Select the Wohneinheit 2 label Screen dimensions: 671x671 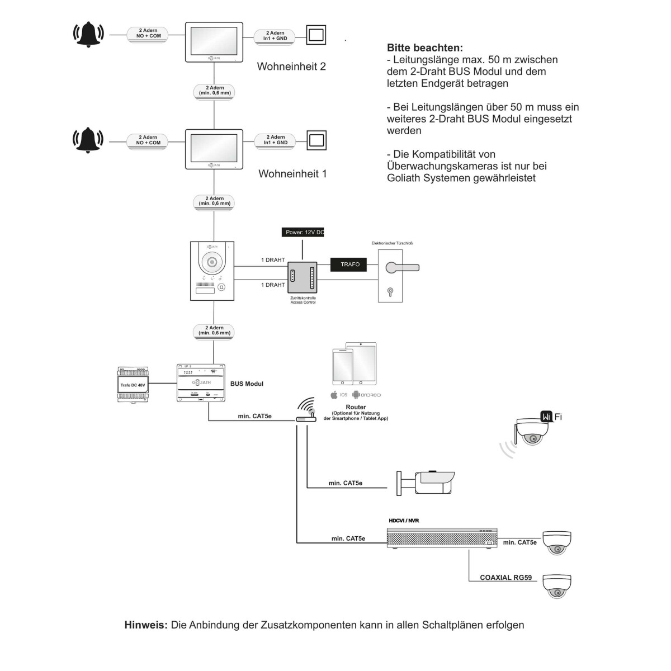(x=291, y=67)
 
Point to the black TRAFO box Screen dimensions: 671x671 (x=350, y=264)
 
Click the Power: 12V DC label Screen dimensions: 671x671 (x=304, y=232)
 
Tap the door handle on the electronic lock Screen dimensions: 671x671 (x=401, y=268)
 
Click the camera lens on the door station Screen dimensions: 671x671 (x=212, y=262)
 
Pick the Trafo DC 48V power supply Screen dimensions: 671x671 (x=133, y=384)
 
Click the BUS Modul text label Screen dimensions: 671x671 (x=247, y=384)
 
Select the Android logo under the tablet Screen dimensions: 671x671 (x=356, y=395)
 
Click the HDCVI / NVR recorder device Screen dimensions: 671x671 (x=442, y=537)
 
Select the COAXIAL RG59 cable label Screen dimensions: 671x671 (x=505, y=578)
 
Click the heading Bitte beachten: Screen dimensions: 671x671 (x=424, y=48)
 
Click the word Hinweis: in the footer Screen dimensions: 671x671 (x=146, y=625)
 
